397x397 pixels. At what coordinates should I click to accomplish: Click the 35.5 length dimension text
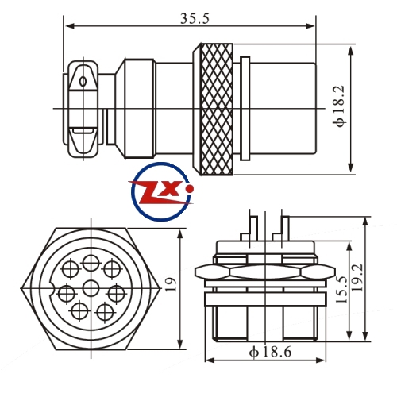(x=195, y=18)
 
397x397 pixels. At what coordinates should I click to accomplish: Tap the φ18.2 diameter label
(x=340, y=106)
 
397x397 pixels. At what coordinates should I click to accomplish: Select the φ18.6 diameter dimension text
(x=270, y=352)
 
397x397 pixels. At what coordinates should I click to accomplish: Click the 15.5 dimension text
(x=342, y=290)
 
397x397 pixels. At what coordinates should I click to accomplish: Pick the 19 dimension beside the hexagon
(x=171, y=284)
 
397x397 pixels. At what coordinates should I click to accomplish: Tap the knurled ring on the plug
(x=217, y=109)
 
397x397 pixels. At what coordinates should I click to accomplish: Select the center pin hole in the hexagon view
(x=91, y=288)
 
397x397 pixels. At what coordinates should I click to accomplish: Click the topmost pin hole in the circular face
(x=91, y=263)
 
